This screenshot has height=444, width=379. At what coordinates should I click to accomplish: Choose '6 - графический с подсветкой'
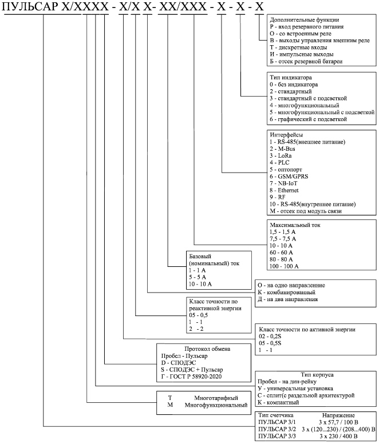[x=308, y=119]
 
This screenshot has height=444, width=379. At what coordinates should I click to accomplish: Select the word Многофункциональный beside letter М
[x=216, y=405]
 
